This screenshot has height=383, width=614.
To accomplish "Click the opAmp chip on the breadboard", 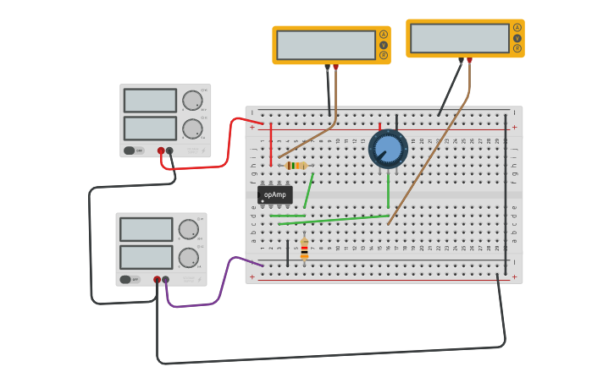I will click(x=274, y=194).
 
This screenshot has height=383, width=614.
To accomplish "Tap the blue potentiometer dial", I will click(x=388, y=149).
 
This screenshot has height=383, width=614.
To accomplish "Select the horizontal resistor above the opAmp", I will click(x=296, y=166).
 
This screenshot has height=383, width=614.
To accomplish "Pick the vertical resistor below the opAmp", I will click(x=304, y=249).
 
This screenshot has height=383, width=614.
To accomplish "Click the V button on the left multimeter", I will click(x=384, y=45).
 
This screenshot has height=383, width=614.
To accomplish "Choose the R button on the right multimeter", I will click(x=517, y=48).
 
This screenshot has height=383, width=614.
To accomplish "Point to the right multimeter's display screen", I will click(x=460, y=38).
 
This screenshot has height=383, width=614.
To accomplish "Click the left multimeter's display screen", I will click(x=326, y=45).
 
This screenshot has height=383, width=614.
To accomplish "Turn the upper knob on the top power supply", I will click(x=192, y=100).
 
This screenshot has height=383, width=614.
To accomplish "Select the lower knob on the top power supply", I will click(x=192, y=129).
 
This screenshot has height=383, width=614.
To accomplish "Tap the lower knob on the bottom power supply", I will click(x=188, y=258).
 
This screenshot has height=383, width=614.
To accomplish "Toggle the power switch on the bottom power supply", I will click(x=125, y=279).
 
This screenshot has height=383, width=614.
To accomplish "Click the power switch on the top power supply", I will click(x=130, y=150).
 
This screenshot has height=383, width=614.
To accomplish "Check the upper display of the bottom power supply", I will click(x=146, y=229).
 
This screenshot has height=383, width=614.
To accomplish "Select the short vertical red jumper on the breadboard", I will click(x=271, y=144).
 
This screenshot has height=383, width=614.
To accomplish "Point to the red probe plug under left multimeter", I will click(x=335, y=67).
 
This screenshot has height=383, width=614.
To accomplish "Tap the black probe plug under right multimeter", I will click(x=461, y=61).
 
